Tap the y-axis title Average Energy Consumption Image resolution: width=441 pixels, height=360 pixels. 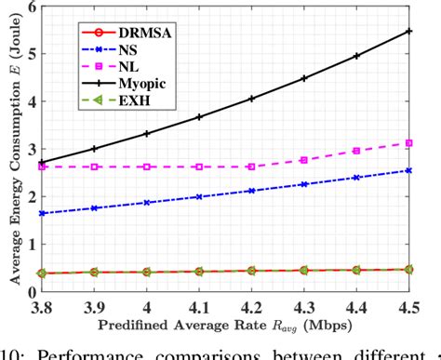tap(8, 149)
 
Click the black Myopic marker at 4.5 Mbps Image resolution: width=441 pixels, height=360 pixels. tap(411, 31)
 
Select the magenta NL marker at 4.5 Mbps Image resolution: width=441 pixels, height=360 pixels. tap(411, 142)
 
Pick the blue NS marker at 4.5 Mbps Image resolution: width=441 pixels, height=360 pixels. tap(411, 170)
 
